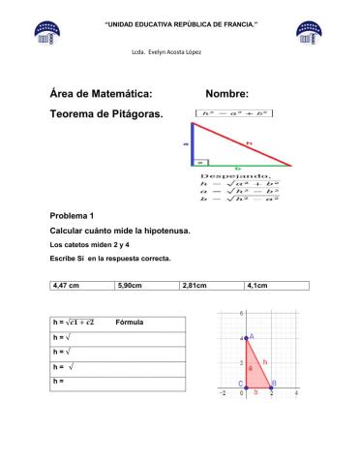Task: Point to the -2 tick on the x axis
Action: tap(222, 393)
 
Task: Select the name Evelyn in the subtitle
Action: tap(154, 50)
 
